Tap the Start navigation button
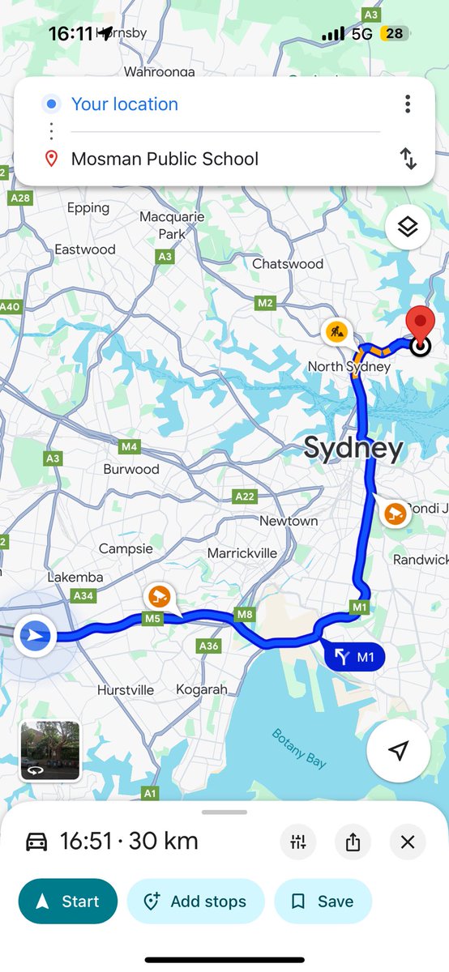click(68, 902)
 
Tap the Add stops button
click(196, 902)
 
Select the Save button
click(323, 902)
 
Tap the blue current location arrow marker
click(34, 636)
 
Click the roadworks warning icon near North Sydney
click(336, 331)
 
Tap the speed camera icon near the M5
click(159, 597)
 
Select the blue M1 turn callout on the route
click(355, 657)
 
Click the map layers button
click(407, 228)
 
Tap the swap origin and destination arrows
click(408, 159)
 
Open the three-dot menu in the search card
click(408, 104)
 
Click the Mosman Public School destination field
click(165, 159)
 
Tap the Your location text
click(125, 104)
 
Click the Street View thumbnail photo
click(50, 751)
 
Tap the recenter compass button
click(397, 751)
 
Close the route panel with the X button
click(407, 842)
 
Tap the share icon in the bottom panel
click(353, 842)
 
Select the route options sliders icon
click(298, 842)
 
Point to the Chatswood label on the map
click(288, 264)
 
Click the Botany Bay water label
click(299, 748)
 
